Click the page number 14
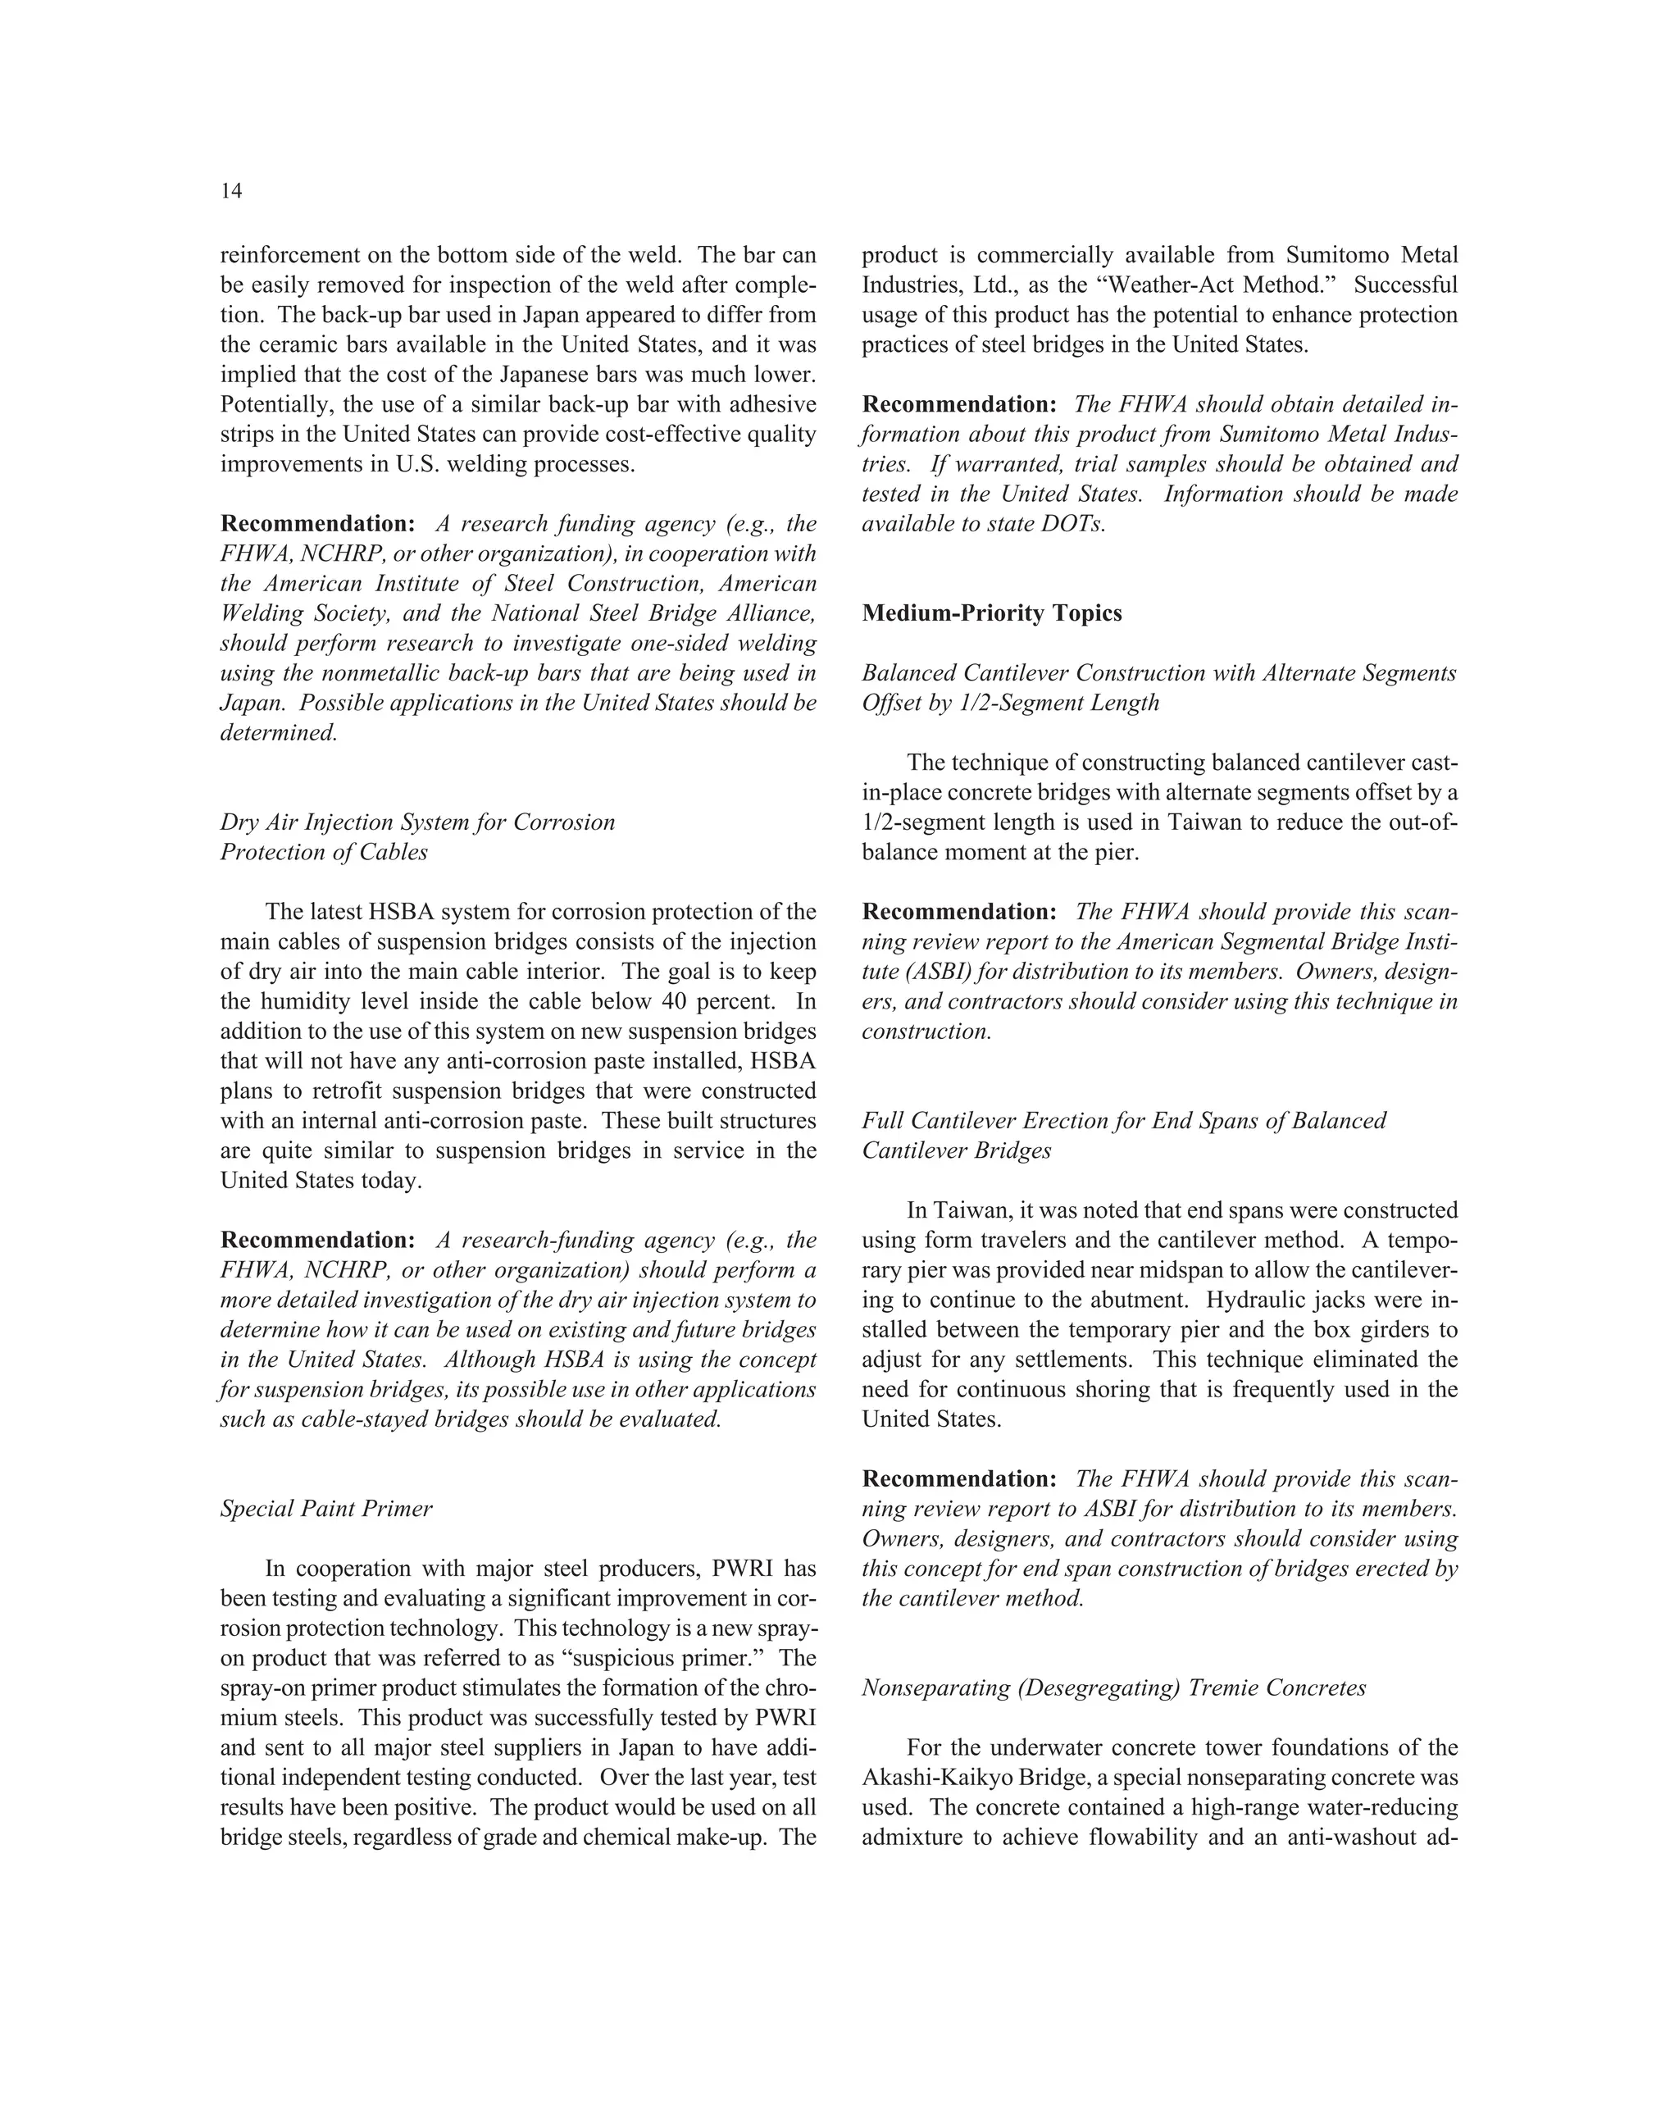pyautogui.click(x=231, y=192)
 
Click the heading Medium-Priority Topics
pyautogui.click(x=992, y=613)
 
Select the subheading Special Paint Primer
pyautogui.click(x=326, y=1510)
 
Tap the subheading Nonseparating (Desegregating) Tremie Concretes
pyautogui.click(x=1114, y=1688)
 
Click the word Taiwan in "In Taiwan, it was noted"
pyautogui.click(x=967, y=1211)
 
